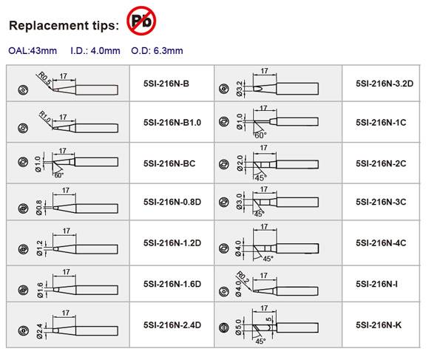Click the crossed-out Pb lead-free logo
141,21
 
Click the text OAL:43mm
33,51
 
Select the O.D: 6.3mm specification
157,51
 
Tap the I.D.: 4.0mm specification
95,51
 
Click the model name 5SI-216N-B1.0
172,123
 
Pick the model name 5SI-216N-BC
169,163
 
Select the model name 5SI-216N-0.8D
172,202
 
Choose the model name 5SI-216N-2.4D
172,325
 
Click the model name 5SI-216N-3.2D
385,84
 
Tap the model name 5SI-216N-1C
381,123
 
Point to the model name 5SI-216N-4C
381,243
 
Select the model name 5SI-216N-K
379,325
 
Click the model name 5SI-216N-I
376,285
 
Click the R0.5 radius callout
44,78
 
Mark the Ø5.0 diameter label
239,327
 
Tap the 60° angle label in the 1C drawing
260,135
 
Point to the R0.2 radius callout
243,277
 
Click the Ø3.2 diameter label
239,89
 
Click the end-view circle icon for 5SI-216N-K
224,327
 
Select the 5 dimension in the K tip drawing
268,319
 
